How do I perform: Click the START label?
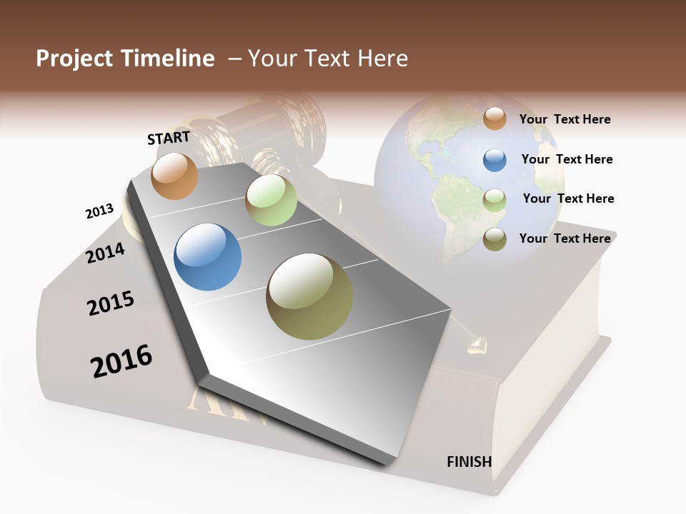click(169, 137)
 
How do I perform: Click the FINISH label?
click(469, 461)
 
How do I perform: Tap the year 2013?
click(99, 211)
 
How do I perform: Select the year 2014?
click(106, 253)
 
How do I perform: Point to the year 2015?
click(111, 303)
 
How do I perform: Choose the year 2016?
click(121, 361)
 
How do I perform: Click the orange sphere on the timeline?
click(174, 176)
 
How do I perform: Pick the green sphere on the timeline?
click(271, 200)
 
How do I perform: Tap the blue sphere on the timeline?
click(207, 257)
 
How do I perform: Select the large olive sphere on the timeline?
click(309, 296)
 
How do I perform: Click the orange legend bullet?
click(494, 119)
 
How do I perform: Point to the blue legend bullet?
click(494, 160)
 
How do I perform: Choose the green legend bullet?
click(494, 200)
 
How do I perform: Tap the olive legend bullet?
click(494, 240)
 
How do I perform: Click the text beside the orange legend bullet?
click(565, 119)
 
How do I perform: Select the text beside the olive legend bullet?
click(565, 238)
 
